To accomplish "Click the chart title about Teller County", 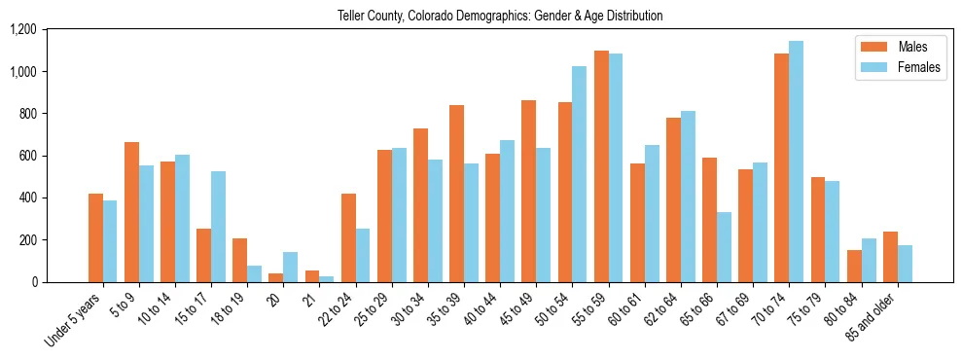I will tap(500, 16).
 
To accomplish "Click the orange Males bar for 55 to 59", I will tap(601, 166).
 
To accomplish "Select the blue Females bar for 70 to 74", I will tap(796, 162).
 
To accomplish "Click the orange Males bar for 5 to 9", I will tap(131, 212).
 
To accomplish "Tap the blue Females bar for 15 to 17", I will tap(218, 227).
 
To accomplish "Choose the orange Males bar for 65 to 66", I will tap(709, 220).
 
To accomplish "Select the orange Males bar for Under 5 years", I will tap(95, 238).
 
